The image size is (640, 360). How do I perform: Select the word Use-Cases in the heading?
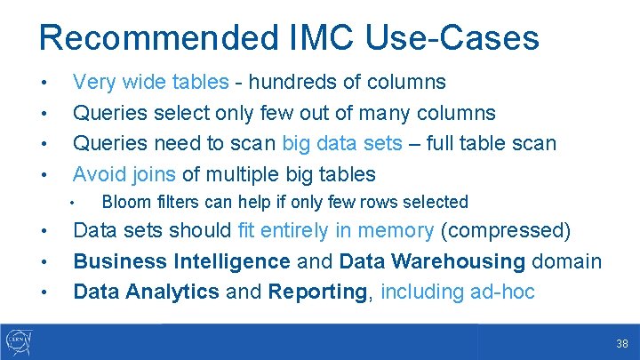pos(452,38)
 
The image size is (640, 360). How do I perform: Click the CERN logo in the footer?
pos(19,341)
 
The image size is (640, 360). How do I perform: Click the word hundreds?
pos(292,83)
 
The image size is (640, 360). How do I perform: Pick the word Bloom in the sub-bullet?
pos(124,202)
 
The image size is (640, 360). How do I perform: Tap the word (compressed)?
pos(506,231)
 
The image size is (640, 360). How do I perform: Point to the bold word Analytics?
pos(175,292)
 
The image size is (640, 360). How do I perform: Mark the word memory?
pos(396,231)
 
